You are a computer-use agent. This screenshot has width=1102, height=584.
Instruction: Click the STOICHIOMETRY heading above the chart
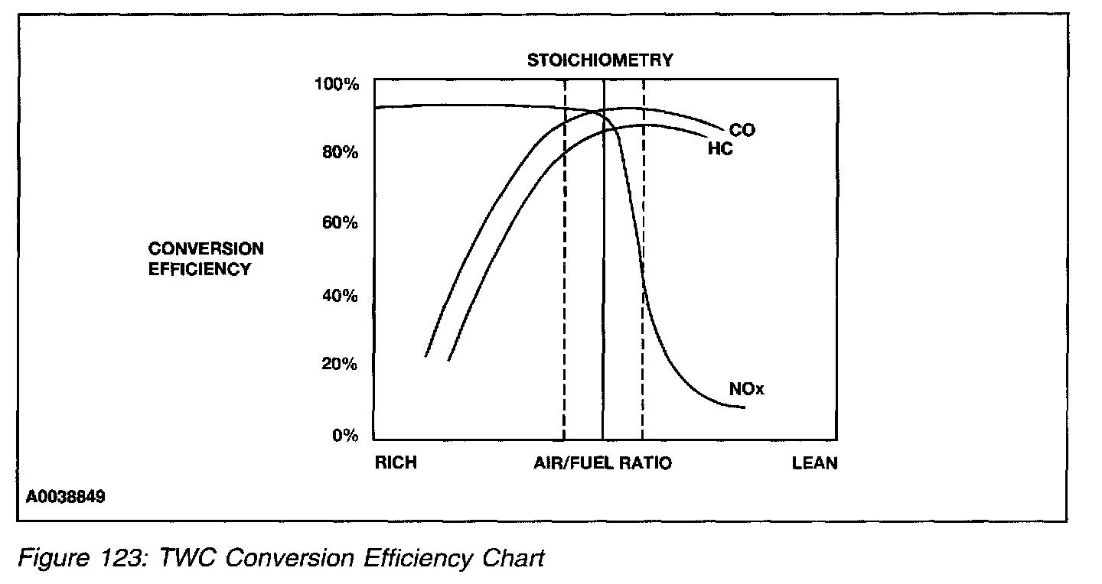point(599,60)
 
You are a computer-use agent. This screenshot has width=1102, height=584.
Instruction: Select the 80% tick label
point(340,152)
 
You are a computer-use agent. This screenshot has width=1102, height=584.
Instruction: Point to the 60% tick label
point(340,223)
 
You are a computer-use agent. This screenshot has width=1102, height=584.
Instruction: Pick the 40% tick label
point(340,296)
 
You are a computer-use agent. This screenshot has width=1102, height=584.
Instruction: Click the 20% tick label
point(340,365)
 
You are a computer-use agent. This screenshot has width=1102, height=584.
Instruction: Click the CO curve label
point(742,131)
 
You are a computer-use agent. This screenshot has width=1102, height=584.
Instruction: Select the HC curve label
point(720,149)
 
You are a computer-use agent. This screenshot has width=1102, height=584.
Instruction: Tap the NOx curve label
point(747,390)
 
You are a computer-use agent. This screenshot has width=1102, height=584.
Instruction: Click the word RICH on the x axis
point(396,463)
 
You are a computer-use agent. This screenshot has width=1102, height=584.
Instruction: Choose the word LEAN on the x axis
point(814,463)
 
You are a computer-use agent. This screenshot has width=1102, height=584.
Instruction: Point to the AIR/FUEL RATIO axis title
point(602,463)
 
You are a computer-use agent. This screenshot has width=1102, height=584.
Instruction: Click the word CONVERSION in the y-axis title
point(206,249)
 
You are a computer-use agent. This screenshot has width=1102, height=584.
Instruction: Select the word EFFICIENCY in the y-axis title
point(200,269)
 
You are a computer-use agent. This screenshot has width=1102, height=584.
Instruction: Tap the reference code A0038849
point(65,497)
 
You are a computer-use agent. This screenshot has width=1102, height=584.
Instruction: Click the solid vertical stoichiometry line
point(603,306)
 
